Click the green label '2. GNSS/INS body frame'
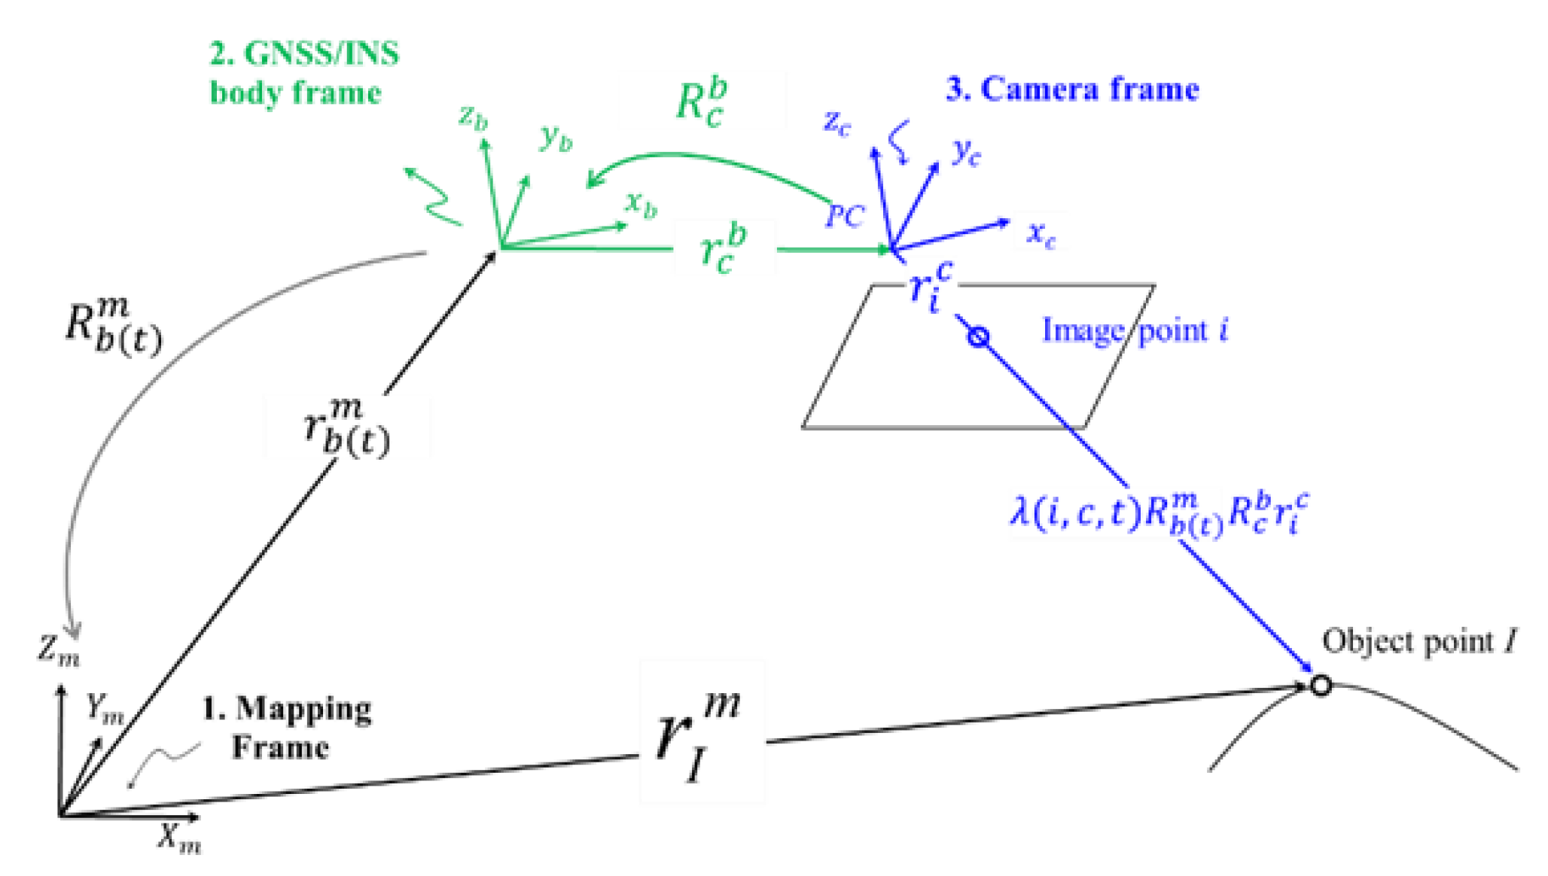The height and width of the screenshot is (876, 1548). click(x=303, y=73)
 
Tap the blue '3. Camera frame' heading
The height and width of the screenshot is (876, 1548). click(x=1071, y=90)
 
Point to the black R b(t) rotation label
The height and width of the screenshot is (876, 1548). click(x=112, y=327)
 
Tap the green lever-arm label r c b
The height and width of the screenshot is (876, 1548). click(x=723, y=248)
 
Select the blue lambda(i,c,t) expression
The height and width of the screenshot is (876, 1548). click(x=1159, y=513)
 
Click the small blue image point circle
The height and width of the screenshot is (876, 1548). click(x=977, y=336)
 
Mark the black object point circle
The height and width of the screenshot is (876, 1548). click(x=1321, y=685)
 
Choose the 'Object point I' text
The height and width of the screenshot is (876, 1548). click(x=1419, y=642)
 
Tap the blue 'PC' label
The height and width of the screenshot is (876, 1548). click(x=845, y=217)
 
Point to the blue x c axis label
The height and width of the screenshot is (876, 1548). click(x=1041, y=234)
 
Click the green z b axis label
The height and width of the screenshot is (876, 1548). click(x=474, y=117)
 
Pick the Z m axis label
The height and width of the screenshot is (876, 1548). click(x=59, y=648)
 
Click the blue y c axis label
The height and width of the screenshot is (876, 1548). click(x=966, y=153)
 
